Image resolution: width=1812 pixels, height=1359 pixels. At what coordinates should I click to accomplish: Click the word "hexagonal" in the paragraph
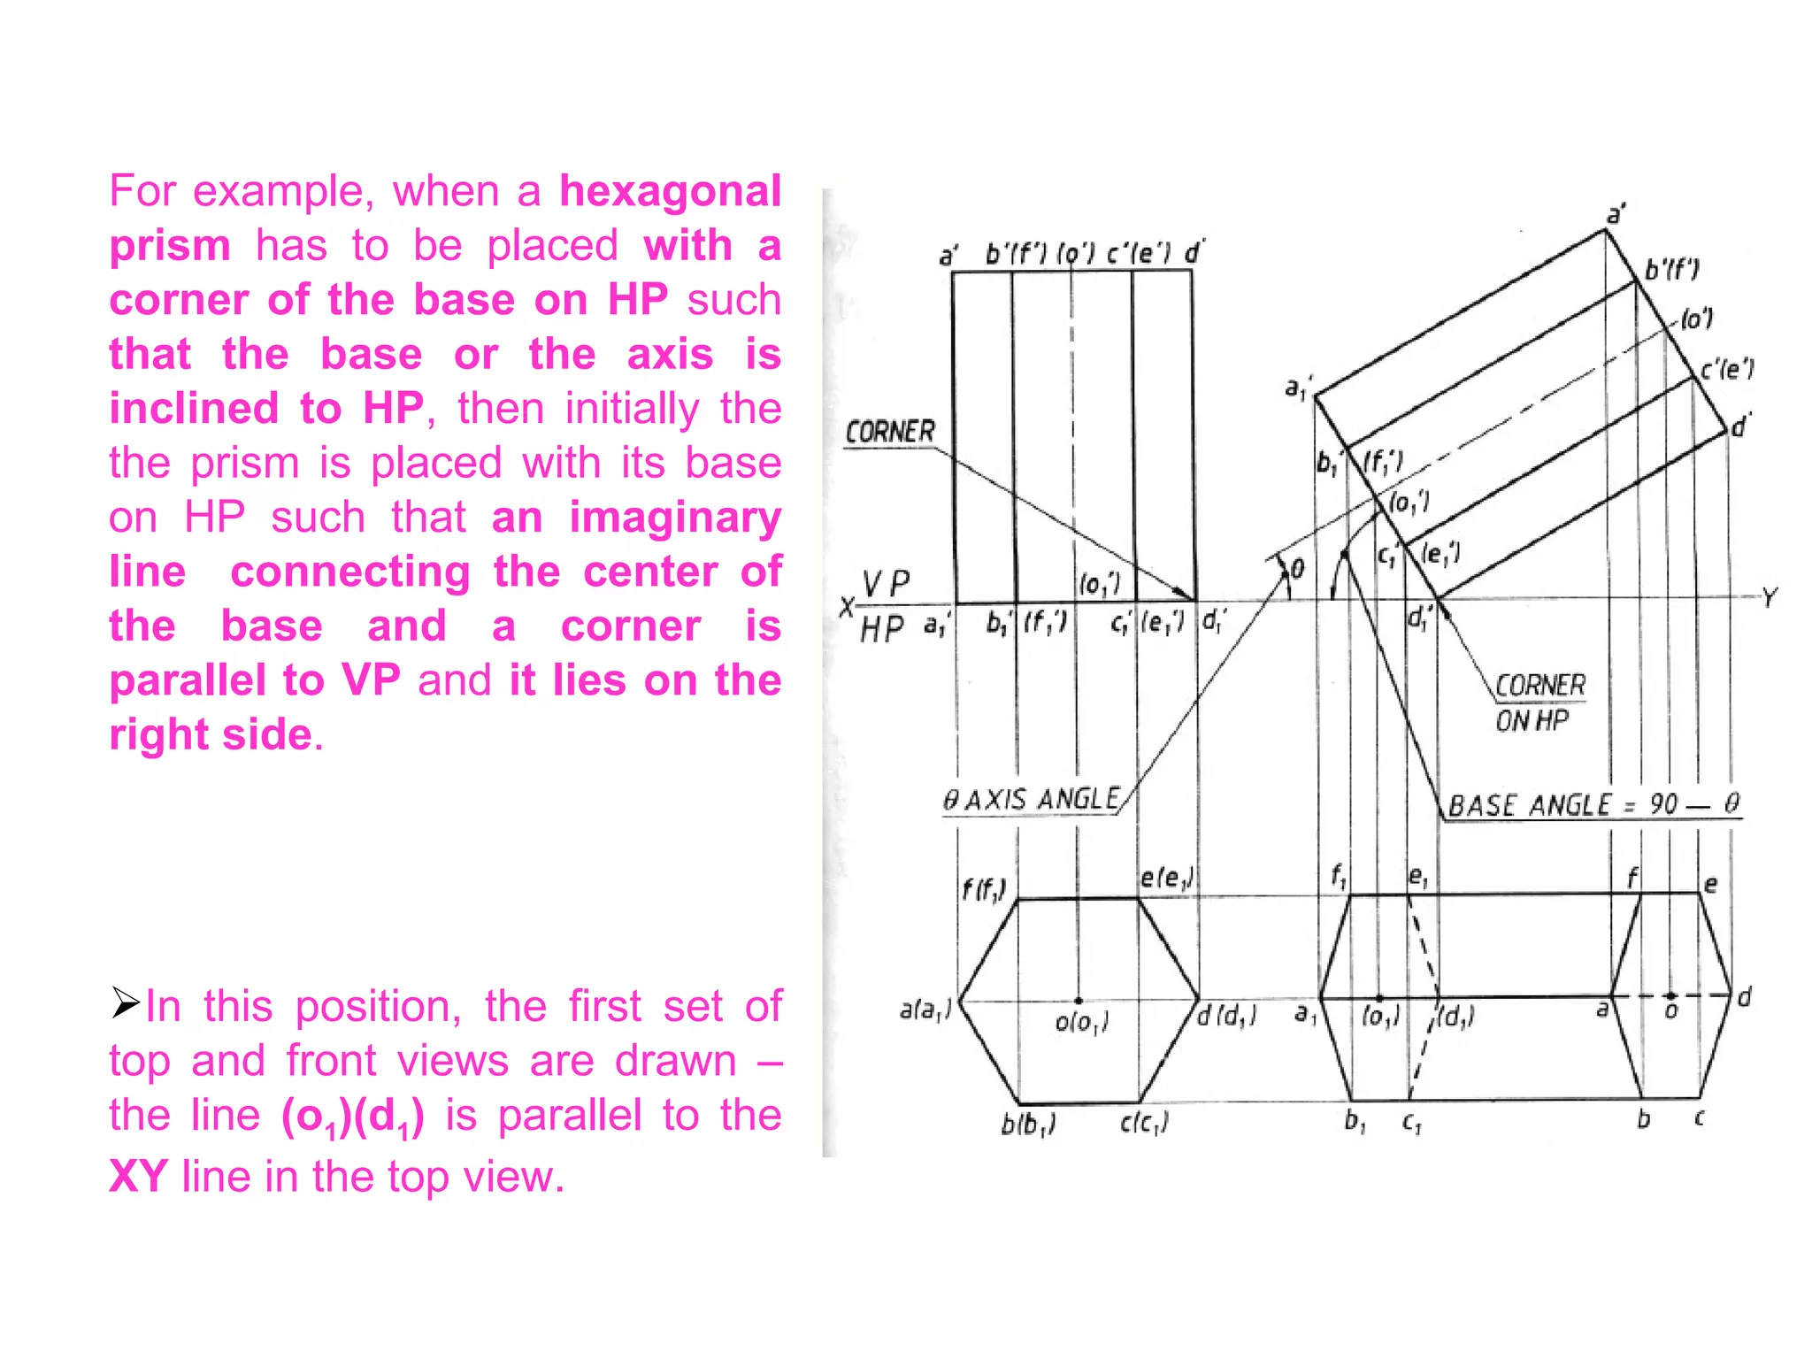[670, 191]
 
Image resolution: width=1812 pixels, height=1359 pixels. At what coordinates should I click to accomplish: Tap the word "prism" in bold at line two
[170, 245]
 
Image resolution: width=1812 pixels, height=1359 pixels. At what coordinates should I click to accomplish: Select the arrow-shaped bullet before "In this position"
[126, 1003]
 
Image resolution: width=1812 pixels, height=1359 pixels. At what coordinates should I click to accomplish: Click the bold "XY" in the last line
[138, 1177]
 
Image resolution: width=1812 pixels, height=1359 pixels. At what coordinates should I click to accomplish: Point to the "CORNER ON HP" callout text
[1539, 703]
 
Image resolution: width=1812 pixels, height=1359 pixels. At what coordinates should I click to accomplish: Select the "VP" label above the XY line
[886, 584]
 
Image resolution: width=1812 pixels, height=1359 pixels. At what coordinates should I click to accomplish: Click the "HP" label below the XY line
[881, 629]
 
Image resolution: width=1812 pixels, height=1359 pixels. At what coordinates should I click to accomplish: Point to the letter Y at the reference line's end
[1769, 598]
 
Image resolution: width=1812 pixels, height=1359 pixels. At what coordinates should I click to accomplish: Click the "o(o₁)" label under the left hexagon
[1081, 1023]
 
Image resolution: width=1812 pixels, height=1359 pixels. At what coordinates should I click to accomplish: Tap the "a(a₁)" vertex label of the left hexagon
[925, 1010]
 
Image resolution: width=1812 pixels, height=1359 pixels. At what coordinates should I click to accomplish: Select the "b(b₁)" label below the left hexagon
[1027, 1125]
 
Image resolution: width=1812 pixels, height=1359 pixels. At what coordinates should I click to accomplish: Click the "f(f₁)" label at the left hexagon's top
[983, 888]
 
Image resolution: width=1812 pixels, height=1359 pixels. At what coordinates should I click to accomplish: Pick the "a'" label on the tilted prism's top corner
[1616, 215]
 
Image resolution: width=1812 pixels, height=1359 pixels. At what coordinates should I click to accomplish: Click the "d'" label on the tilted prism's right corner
[1740, 426]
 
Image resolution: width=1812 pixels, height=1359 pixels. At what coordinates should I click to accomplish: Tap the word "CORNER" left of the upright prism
[890, 432]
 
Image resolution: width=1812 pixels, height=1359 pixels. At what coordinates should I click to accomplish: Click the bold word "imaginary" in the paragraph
[675, 518]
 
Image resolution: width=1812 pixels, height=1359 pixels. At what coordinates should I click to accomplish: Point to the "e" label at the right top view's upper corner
[1710, 884]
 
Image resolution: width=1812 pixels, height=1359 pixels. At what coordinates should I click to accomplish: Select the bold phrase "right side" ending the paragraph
[211, 734]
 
